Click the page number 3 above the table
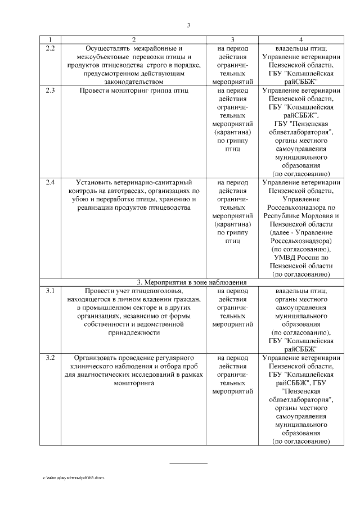[189, 25]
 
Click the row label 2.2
[49, 48]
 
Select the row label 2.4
[49, 182]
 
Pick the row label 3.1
[49, 291]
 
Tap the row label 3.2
[49, 358]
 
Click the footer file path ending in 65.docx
[74, 477]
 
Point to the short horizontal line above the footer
[189, 463]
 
